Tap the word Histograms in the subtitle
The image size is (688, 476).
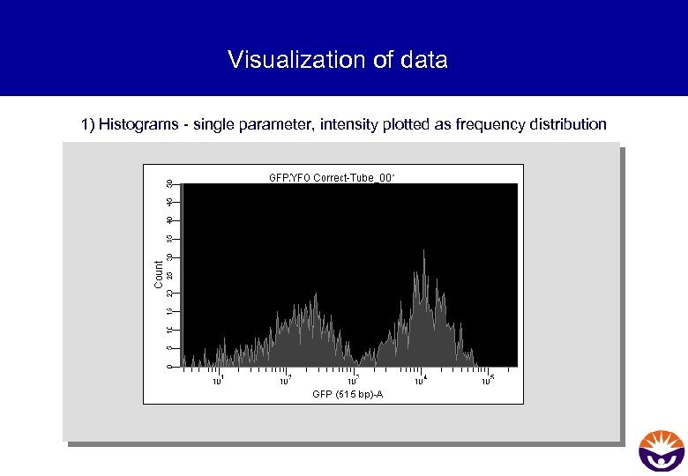coord(138,124)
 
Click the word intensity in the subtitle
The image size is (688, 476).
coord(348,124)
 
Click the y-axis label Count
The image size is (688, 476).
coord(159,273)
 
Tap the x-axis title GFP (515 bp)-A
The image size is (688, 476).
coord(348,394)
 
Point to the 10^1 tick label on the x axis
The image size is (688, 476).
coord(218,381)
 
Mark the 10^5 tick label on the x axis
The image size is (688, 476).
coord(488,381)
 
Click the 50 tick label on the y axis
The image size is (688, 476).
coord(169,183)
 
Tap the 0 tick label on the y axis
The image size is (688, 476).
coord(169,366)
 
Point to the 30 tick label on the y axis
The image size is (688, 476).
coord(169,257)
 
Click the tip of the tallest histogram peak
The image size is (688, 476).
coord(424,250)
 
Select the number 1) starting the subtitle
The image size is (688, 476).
coord(87,124)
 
